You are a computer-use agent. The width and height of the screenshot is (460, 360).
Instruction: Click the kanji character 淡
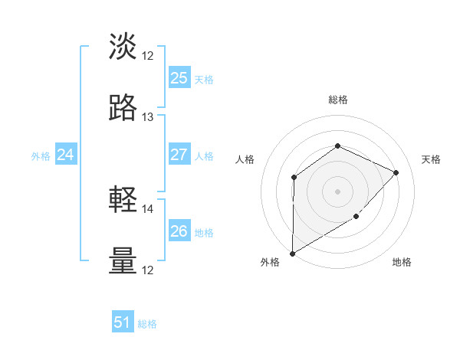pyautogui.click(x=123, y=47)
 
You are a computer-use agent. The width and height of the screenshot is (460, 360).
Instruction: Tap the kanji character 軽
pyautogui.click(x=123, y=200)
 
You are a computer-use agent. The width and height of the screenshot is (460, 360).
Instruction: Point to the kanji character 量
pyautogui.click(x=123, y=260)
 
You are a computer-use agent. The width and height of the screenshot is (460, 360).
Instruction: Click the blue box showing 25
pyautogui.click(x=179, y=78)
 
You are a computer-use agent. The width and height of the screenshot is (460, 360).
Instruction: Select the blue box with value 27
pyautogui.click(x=179, y=155)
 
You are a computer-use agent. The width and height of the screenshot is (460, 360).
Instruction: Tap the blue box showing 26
pyautogui.click(x=179, y=231)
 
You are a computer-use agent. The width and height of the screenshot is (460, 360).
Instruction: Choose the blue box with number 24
pyautogui.click(x=66, y=155)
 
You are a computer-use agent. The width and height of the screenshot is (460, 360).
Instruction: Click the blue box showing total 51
pyautogui.click(x=123, y=322)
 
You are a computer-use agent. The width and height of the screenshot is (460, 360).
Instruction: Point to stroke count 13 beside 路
pyautogui.click(x=148, y=117)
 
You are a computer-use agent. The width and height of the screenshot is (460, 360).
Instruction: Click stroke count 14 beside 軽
pyautogui.click(x=148, y=208)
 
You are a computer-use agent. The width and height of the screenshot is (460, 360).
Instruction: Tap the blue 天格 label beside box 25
pyautogui.click(x=204, y=79)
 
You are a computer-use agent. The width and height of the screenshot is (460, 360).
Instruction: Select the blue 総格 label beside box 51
pyautogui.click(x=147, y=324)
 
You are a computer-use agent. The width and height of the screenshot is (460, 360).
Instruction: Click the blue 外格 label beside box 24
pyautogui.click(x=41, y=156)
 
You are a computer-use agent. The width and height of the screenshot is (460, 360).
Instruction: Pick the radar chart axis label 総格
pyautogui.click(x=337, y=100)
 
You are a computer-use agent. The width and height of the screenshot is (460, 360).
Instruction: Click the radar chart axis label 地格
pyautogui.click(x=402, y=263)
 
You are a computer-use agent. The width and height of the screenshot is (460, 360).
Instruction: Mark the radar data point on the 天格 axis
pyautogui.click(x=396, y=172)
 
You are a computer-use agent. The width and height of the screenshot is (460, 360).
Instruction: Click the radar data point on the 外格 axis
pyautogui.click(x=292, y=253)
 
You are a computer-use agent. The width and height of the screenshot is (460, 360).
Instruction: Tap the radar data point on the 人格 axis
pyautogui.click(x=294, y=178)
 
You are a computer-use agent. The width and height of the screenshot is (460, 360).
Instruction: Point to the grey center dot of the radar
pyautogui.click(x=337, y=191)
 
